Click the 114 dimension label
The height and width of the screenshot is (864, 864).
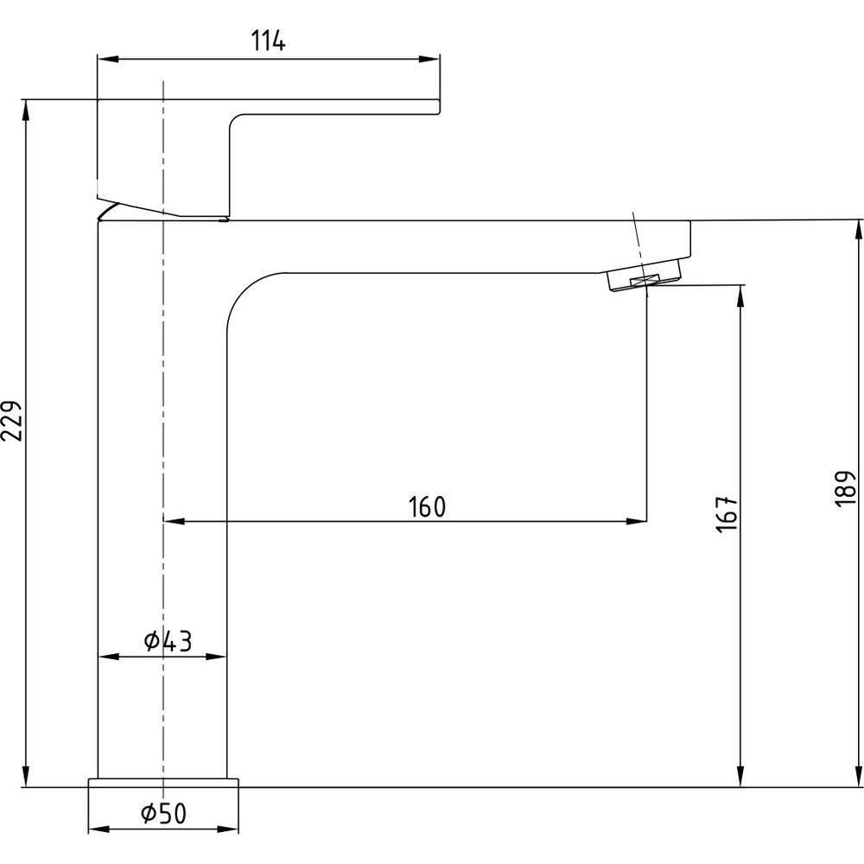(269, 41)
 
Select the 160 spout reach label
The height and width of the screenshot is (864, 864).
(427, 507)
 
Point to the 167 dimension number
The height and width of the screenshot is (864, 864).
(727, 512)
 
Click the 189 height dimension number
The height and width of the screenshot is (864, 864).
(846, 488)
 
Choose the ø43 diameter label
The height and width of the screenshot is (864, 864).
(168, 641)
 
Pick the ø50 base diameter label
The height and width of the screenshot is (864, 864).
(164, 813)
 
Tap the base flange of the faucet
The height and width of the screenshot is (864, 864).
(163, 783)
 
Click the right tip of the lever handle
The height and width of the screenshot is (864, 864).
(439, 107)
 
